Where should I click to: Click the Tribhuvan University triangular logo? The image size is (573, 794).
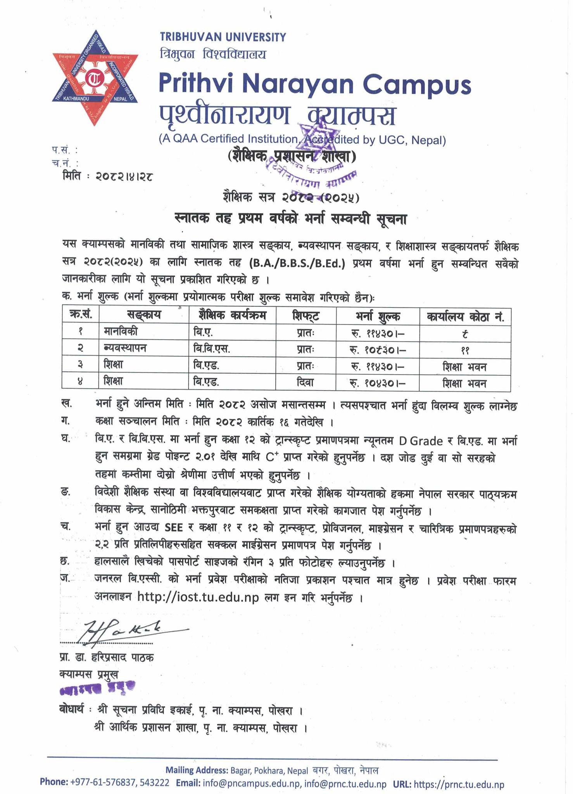tap(95, 78)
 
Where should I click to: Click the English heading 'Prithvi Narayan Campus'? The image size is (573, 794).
tap(315, 85)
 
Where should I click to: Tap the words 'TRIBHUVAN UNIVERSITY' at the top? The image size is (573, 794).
tap(223, 37)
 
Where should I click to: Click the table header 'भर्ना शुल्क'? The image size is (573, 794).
tap(378, 316)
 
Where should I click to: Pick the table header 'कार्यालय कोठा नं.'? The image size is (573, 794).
tap(465, 316)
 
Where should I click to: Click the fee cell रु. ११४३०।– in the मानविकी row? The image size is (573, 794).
tap(378, 333)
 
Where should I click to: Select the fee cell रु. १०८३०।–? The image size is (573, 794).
tap(378, 350)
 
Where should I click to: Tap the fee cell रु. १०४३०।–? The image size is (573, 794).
tap(378, 383)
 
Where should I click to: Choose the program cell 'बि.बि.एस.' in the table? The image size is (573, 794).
tap(212, 349)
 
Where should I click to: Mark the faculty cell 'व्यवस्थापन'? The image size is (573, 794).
tap(124, 349)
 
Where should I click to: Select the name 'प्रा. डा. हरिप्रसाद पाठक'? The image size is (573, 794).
tap(107, 658)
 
